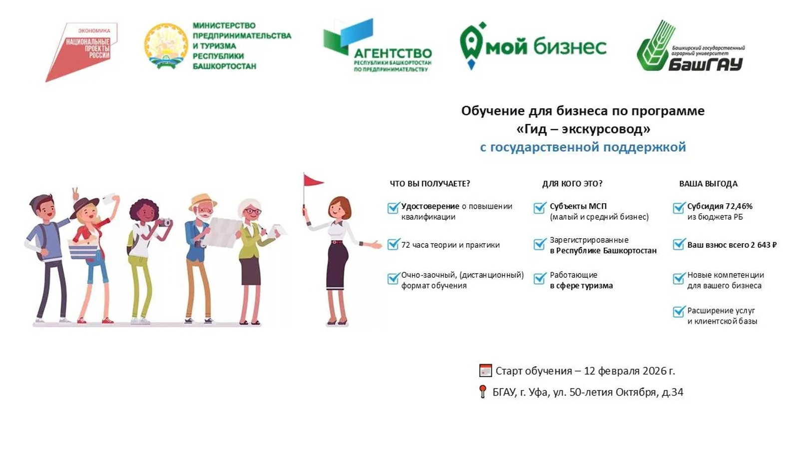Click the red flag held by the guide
point(313,180)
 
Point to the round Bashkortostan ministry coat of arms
point(166,46)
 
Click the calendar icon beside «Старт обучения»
point(485,371)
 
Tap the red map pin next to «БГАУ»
point(482,392)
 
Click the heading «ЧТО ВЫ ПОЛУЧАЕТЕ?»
point(429,184)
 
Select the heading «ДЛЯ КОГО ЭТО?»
point(572,184)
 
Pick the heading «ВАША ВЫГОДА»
point(708,184)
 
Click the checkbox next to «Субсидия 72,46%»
point(678,208)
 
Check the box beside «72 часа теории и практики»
point(393,244)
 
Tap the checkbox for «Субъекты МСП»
point(539,208)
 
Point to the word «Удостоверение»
point(430,206)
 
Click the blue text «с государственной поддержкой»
point(582,147)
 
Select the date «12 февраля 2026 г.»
point(629,371)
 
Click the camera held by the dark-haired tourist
point(165,222)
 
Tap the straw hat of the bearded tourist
point(203,201)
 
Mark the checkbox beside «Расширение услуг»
point(678,312)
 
